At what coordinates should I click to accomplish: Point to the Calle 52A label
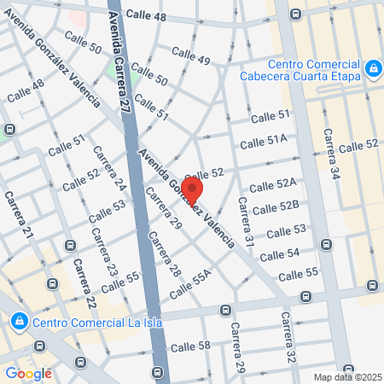tap(273, 184)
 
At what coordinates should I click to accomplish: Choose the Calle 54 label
tap(280, 254)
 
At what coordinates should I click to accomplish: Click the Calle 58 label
tap(190, 346)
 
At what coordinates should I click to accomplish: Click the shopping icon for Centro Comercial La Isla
tap(18, 322)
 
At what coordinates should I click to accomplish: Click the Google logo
tap(28, 373)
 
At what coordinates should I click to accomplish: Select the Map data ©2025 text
tap(347, 377)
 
